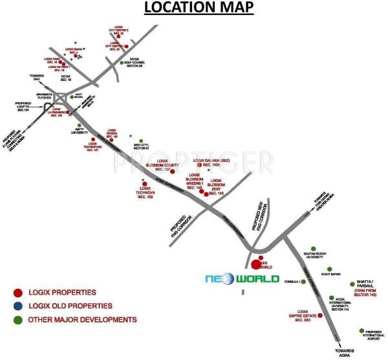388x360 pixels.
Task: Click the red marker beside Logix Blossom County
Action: point(171,172)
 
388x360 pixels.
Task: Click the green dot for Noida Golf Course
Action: point(121,63)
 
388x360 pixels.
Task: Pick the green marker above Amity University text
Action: point(79,125)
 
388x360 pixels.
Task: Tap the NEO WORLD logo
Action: point(241,279)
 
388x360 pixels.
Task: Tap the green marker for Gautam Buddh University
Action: point(313,249)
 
